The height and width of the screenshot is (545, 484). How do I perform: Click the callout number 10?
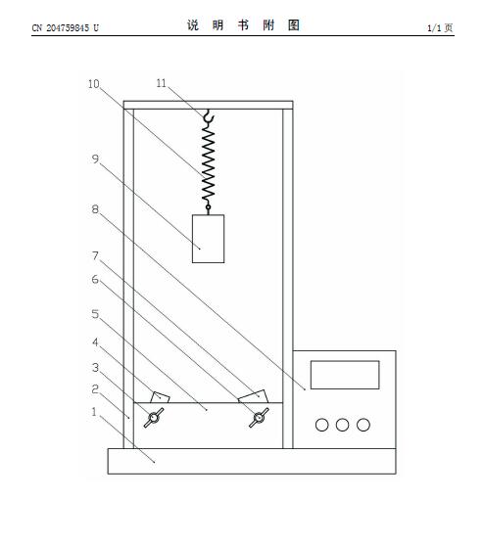click(x=94, y=84)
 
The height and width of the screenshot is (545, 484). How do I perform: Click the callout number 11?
click(x=162, y=83)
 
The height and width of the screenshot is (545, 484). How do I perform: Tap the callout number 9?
click(x=95, y=159)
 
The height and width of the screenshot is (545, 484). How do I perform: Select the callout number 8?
click(x=95, y=209)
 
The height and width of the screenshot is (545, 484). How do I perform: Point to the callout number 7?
click(x=95, y=255)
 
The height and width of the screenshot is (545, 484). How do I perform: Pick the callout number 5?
click(x=95, y=314)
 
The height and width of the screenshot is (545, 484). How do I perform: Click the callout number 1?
click(x=94, y=412)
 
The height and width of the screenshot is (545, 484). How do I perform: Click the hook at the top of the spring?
click(x=209, y=116)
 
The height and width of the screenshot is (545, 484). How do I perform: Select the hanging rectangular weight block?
click(x=208, y=239)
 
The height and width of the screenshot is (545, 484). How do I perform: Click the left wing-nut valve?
click(x=154, y=418)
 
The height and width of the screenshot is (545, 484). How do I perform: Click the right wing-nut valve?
click(x=259, y=418)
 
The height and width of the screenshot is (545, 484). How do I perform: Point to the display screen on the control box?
click(x=345, y=375)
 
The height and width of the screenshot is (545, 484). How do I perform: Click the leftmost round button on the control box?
click(x=322, y=425)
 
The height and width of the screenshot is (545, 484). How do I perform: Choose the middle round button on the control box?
click(x=342, y=425)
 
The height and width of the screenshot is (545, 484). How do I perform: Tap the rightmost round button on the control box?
click(x=363, y=425)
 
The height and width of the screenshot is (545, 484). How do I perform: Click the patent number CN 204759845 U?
click(x=66, y=27)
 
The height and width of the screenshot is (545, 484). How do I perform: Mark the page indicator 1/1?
click(x=434, y=27)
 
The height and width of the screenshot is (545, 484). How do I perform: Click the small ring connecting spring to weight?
click(x=208, y=207)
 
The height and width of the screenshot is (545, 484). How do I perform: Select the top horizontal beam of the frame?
click(x=208, y=105)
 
